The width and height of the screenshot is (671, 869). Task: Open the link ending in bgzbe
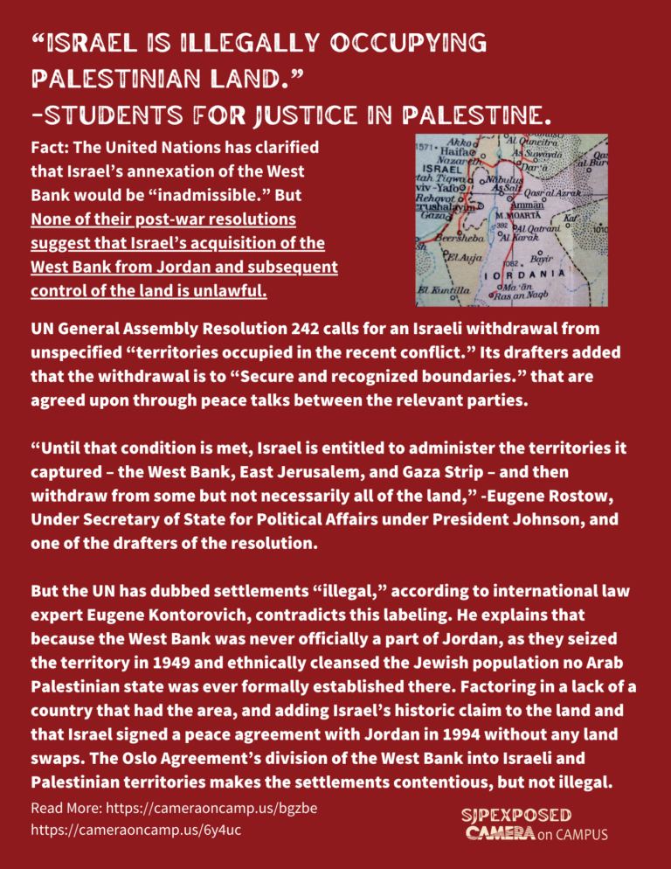click(173, 807)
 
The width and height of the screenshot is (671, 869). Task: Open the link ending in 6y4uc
click(135, 829)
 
